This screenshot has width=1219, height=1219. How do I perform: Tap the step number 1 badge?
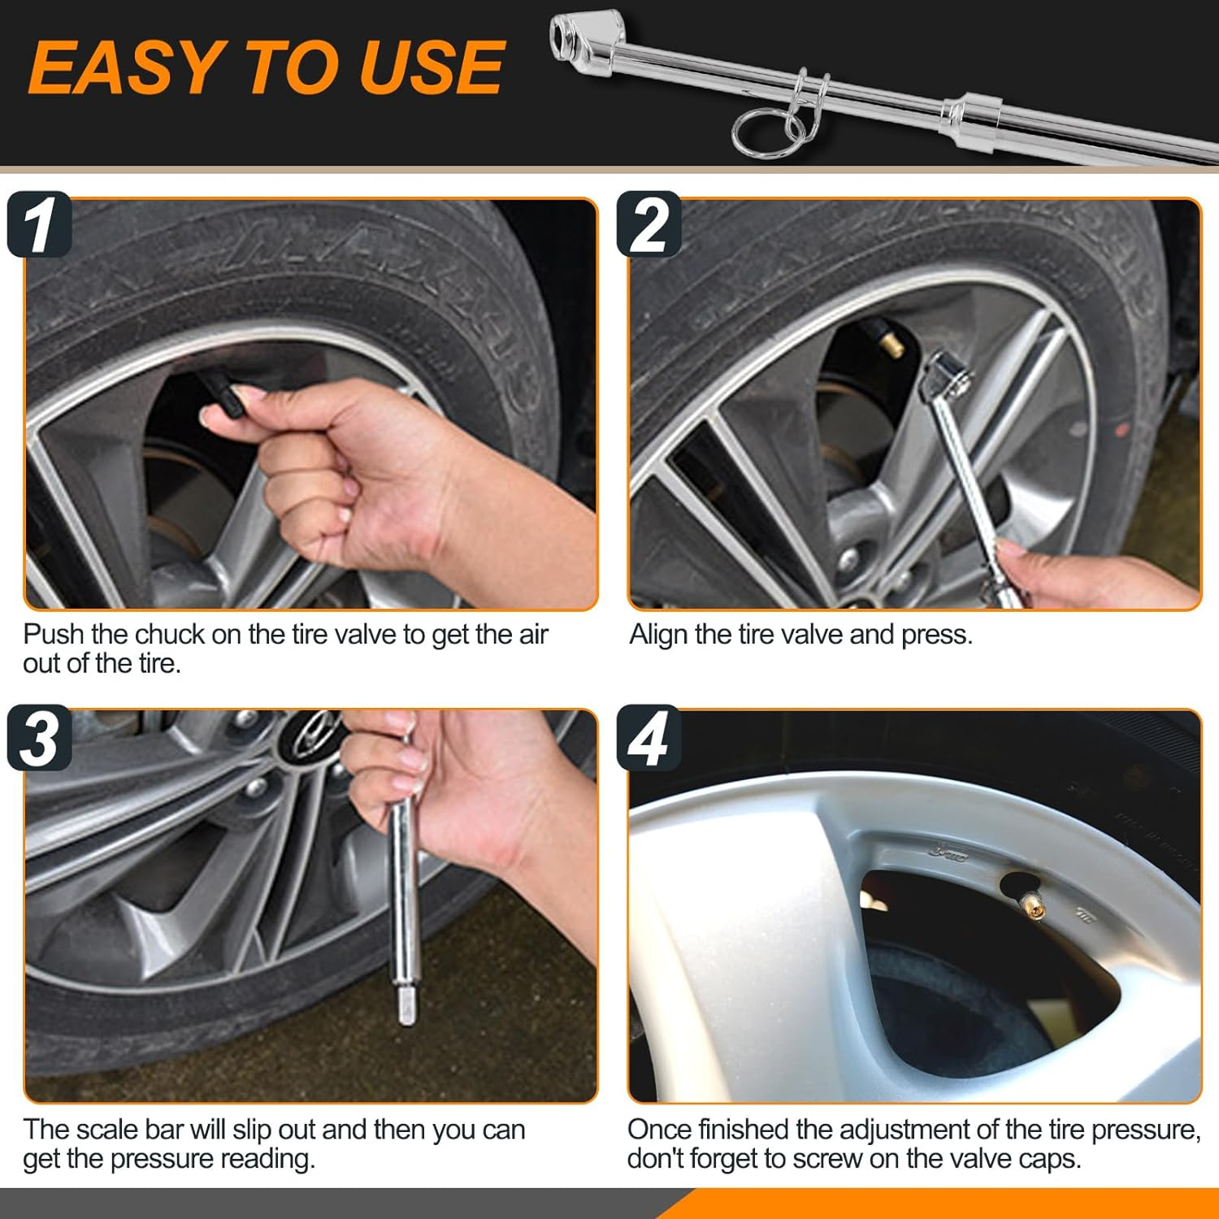point(39,225)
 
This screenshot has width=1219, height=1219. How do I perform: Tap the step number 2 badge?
point(649,225)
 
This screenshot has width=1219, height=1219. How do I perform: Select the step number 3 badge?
point(39,738)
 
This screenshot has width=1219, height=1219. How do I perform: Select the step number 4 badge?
point(649,738)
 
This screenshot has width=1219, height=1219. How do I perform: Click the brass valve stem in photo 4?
point(1033,904)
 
